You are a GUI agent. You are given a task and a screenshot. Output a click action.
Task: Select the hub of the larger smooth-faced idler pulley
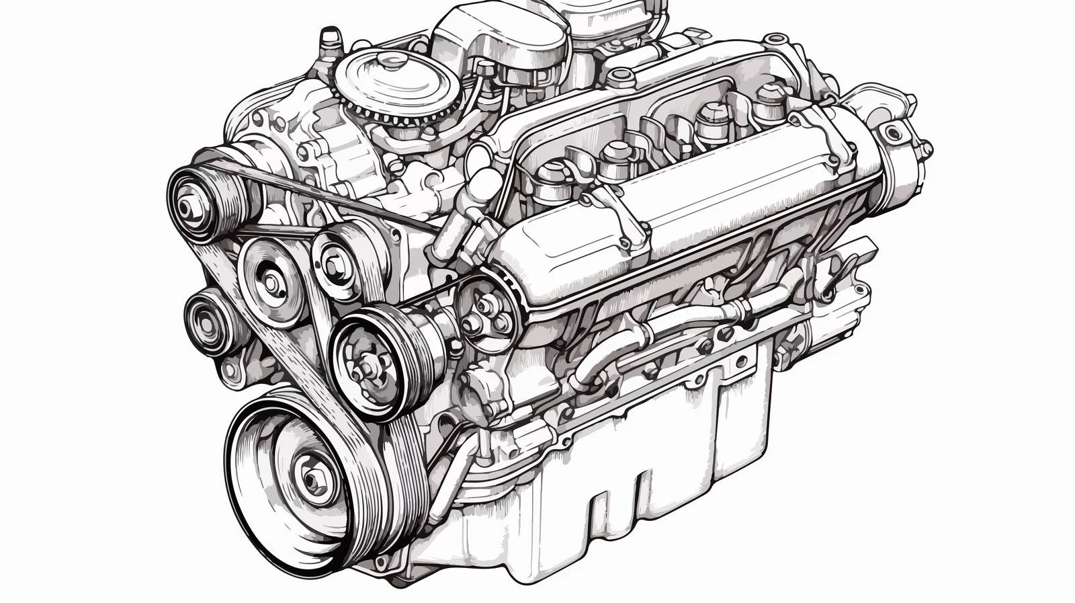pyautogui.click(x=271, y=283)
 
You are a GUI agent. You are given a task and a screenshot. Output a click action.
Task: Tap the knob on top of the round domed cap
pyautogui.click(x=388, y=63)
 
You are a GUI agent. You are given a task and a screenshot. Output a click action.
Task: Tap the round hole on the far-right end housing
pyautogui.click(x=894, y=132)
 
